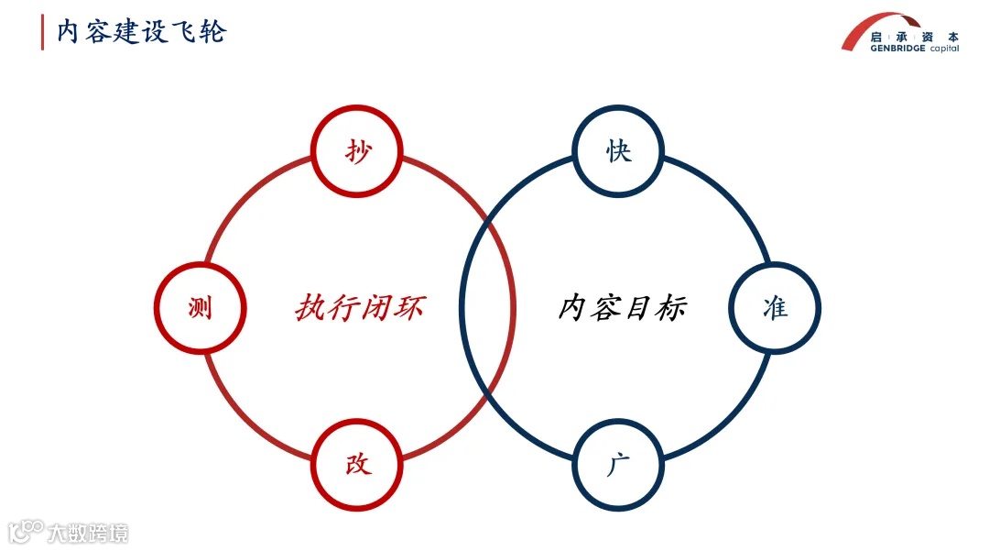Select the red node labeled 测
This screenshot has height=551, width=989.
200,308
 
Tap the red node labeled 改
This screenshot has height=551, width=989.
358,464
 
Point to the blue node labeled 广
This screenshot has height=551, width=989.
619,464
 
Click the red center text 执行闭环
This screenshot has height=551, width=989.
360,308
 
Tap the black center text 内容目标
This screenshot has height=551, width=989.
623,308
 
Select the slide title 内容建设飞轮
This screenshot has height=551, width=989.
142,32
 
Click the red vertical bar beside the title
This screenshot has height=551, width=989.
42,32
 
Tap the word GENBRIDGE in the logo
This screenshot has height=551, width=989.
899,49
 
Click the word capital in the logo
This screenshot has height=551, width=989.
944,49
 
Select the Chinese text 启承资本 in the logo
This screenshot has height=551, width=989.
914,38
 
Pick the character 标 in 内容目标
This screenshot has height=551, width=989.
671,308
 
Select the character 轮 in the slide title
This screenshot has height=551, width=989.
212,32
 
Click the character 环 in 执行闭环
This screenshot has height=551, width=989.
409,308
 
